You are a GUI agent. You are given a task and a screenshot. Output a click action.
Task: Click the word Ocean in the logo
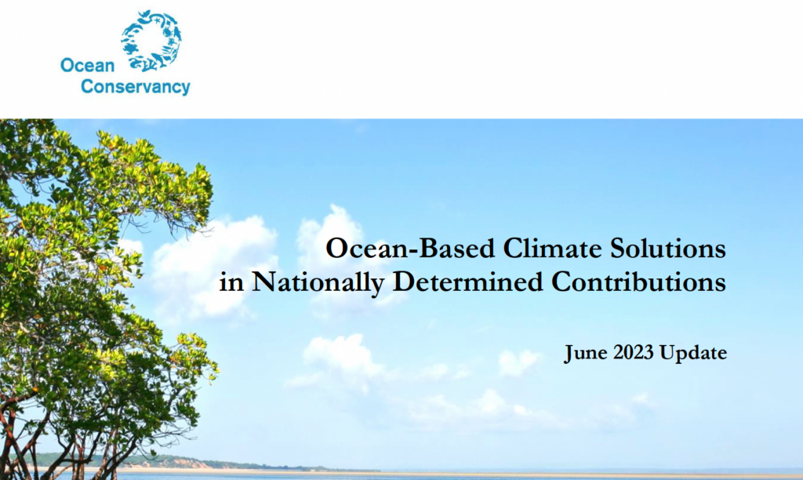[87, 66]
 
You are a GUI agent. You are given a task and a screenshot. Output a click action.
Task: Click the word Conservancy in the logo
[135, 87]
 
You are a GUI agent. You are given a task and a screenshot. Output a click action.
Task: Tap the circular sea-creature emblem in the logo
[151, 39]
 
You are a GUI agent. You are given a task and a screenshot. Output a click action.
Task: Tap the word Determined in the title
[470, 282]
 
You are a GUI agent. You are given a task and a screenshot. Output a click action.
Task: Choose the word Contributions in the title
[640, 282]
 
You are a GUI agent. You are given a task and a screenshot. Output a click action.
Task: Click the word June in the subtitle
[584, 354]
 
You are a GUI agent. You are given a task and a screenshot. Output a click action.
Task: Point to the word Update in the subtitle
[693, 354]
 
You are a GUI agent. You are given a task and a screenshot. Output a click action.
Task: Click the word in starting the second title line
[231, 282]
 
